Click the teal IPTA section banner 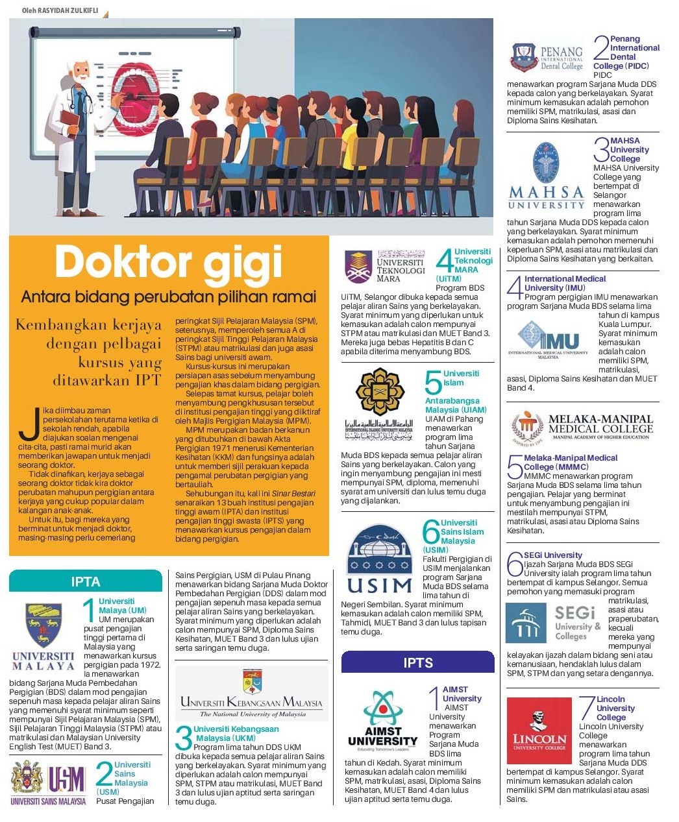86,581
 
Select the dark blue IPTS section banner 417,662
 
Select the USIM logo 380,560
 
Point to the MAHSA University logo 547,176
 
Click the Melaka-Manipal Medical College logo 582,428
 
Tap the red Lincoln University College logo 539,731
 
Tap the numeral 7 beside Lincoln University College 587,707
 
